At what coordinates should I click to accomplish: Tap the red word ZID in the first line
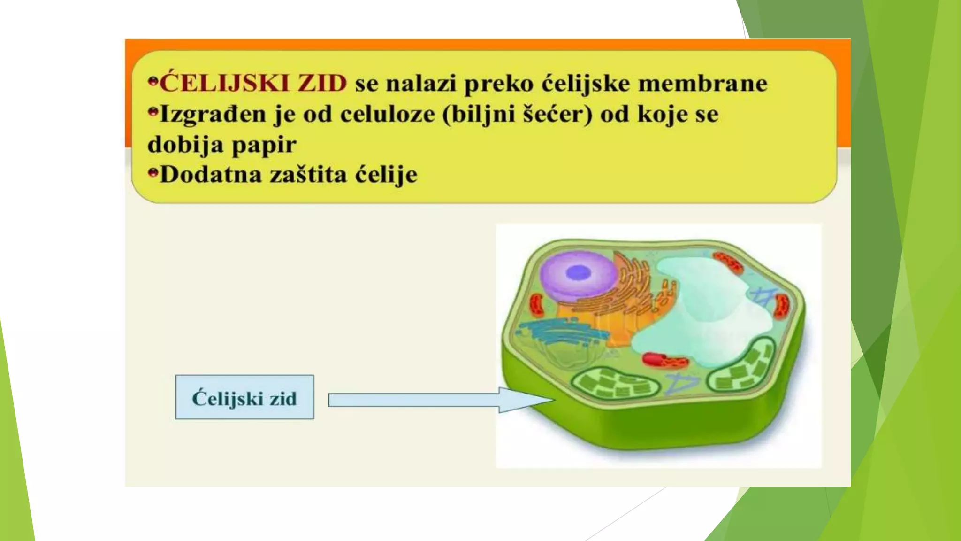(x=322, y=84)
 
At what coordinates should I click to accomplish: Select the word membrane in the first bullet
(x=702, y=84)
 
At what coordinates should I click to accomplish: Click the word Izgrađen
(x=213, y=115)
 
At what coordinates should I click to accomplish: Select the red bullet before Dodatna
(x=153, y=173)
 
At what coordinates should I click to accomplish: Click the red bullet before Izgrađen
(x=153, y=112)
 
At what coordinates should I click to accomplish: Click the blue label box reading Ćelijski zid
(x=244, y=397)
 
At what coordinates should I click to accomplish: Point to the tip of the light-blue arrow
(x=554, y=400)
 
